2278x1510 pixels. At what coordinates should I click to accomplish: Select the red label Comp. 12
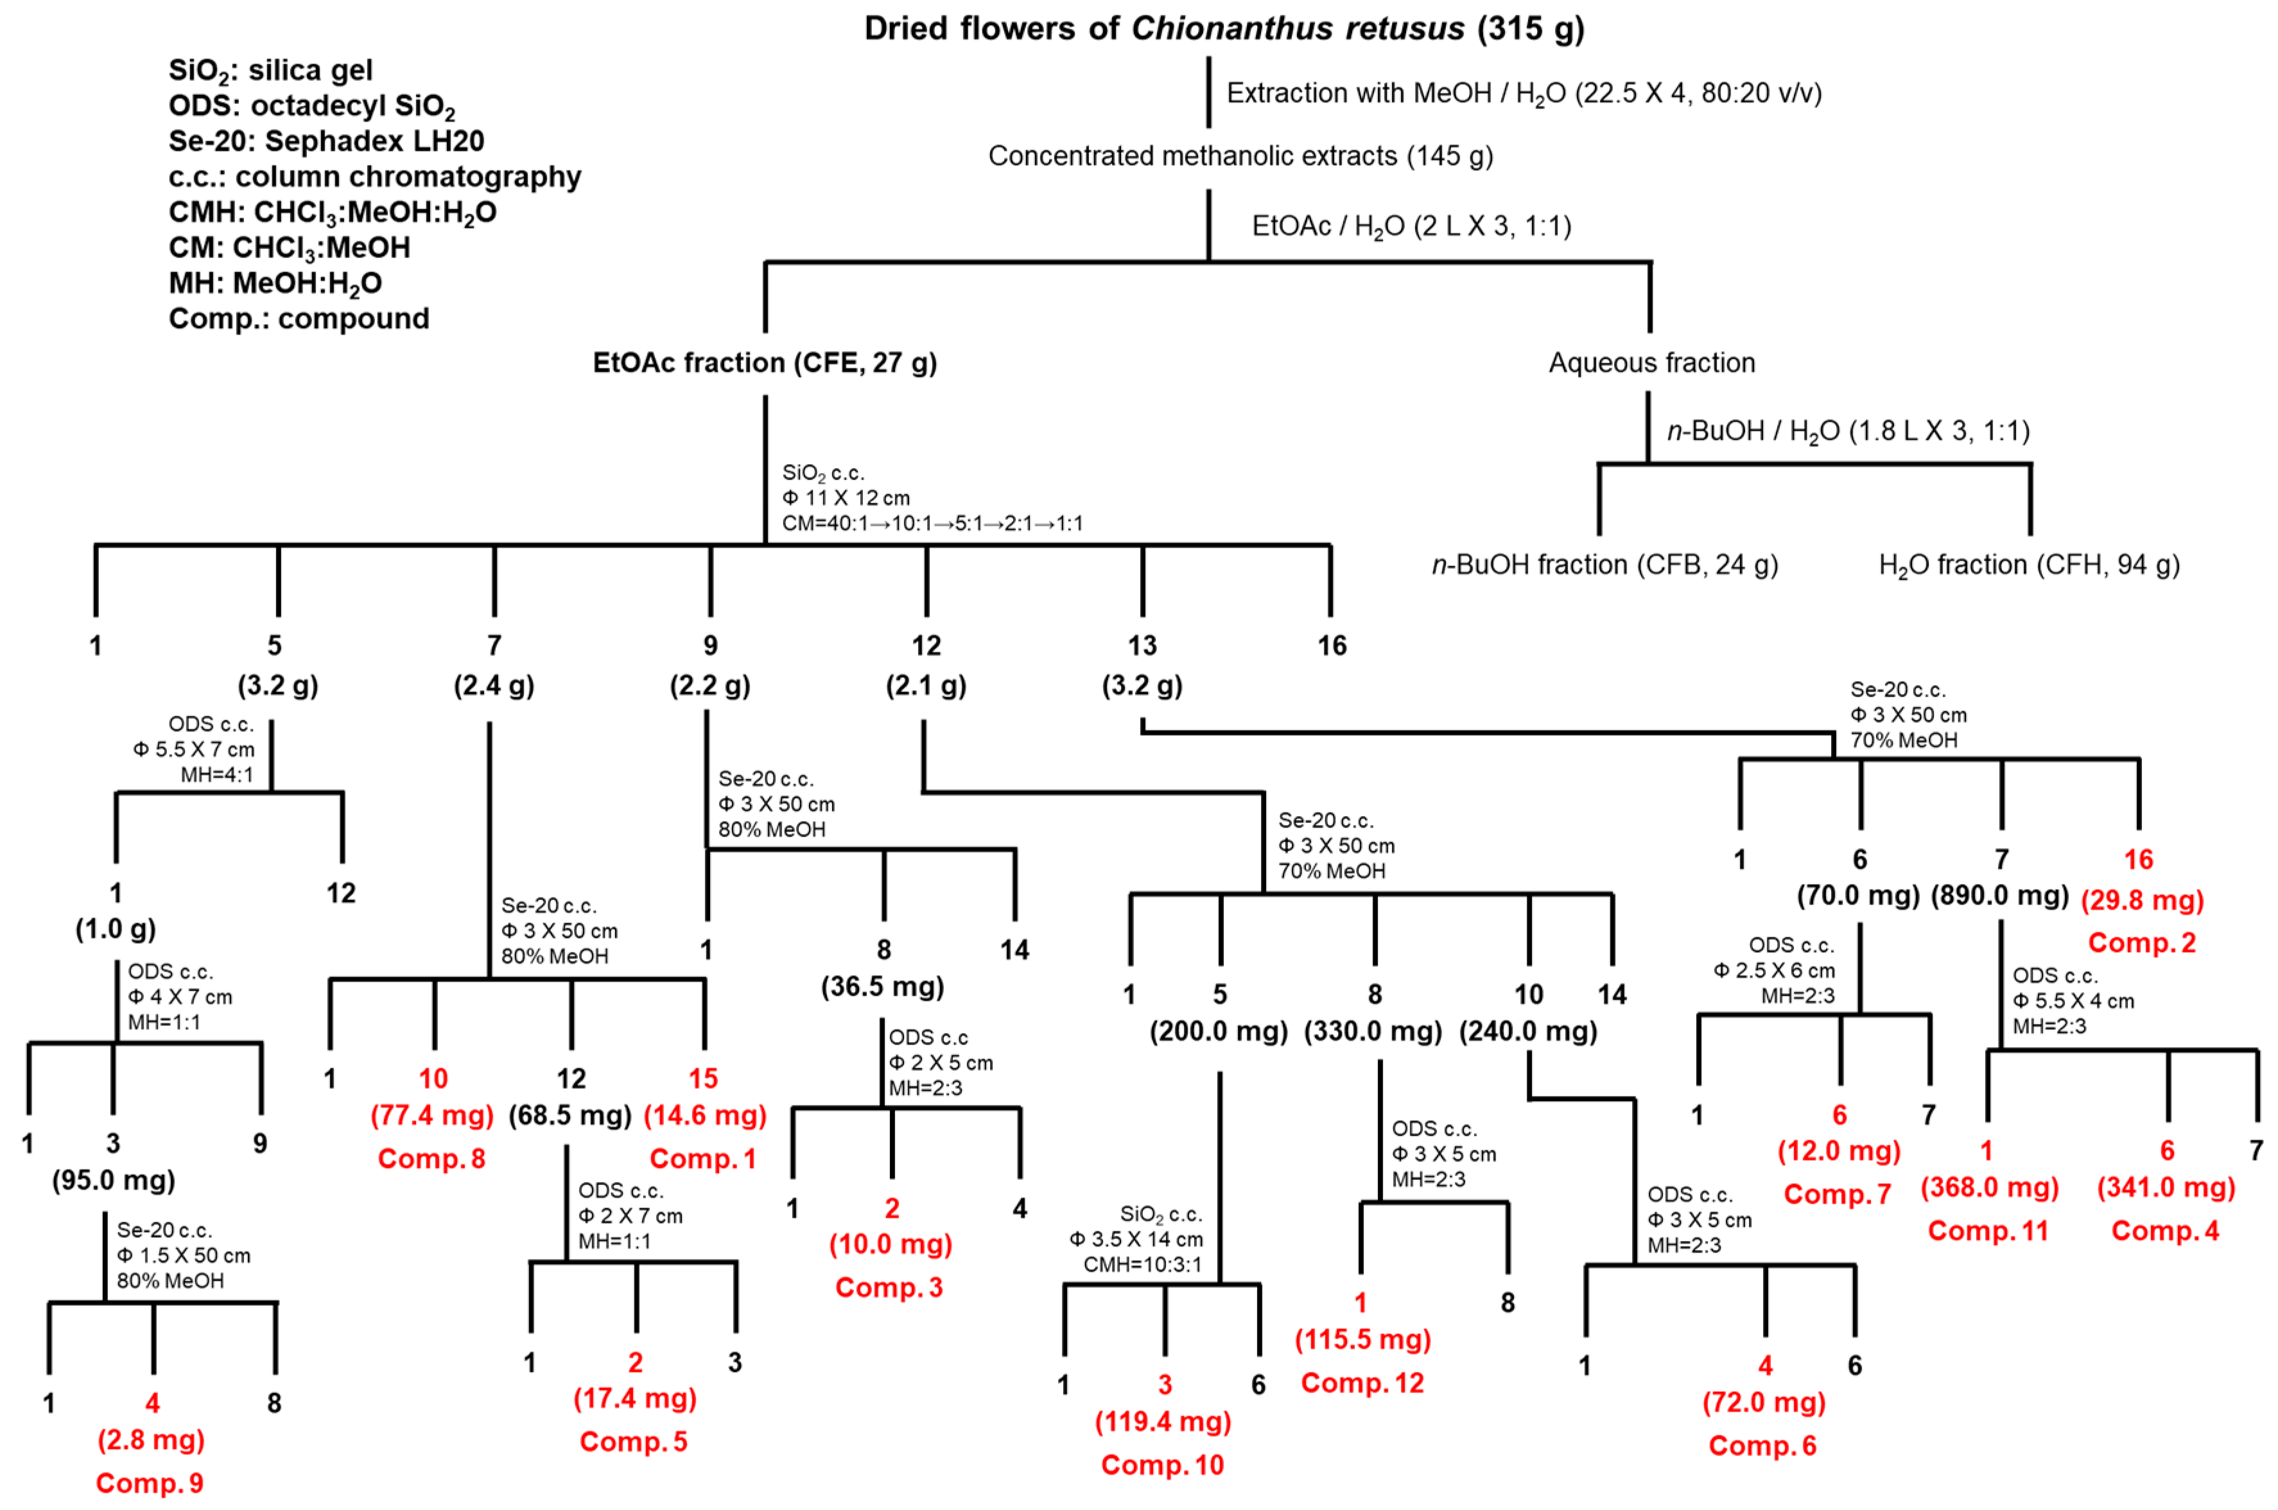coord(1361,1383)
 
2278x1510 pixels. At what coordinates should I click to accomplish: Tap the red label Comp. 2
coord(2141,942)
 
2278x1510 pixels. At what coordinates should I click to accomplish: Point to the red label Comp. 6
coord(1762,1446)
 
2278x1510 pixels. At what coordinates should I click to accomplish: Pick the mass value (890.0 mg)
coord(2000,896)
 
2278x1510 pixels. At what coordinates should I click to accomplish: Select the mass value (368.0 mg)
coord(1989,1188)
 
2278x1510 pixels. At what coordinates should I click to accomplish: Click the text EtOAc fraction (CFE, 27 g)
coord(765,363)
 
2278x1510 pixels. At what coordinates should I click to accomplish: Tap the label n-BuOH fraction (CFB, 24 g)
coord(1604,564)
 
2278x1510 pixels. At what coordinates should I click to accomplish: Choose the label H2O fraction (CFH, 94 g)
coord(2029,564)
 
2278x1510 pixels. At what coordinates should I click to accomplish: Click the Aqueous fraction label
coord(1651,363)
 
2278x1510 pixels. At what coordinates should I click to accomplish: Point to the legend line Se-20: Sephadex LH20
coord(326,141)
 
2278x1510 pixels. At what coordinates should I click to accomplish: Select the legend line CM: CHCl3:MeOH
coord(289,248)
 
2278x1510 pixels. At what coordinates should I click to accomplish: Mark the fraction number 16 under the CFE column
coord(1332,645)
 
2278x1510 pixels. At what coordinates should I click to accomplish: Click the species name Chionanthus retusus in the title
coord(1297,28)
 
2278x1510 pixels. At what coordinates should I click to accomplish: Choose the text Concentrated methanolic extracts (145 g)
coord(1240,156)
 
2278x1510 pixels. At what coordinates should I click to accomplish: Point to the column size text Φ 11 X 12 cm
coord(846,498)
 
